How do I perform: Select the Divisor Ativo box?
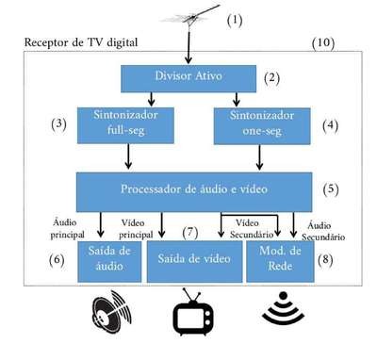pos(188,78)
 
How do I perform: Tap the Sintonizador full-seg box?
pos(125,125)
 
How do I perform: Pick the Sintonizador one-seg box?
pos(262,126)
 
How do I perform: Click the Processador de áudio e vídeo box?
pos(194,192)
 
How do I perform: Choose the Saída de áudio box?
pos(109,261)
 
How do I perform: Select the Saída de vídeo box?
pos(194,261)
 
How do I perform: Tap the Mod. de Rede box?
pos(280,261)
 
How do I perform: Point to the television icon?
pos(193,313)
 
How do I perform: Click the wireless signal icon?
pos(284,308)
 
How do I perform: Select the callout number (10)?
pos(323,42)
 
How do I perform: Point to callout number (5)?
pos(331,189)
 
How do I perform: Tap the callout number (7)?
pos(190,233)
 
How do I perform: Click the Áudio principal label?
pos(67,228)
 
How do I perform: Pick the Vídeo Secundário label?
pos(252,229)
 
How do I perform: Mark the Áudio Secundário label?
pos(323,231)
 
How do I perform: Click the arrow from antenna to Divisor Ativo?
pos(188,47)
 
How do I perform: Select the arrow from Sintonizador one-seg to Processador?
pos(259,157)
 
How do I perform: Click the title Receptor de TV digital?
pos(81,42)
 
